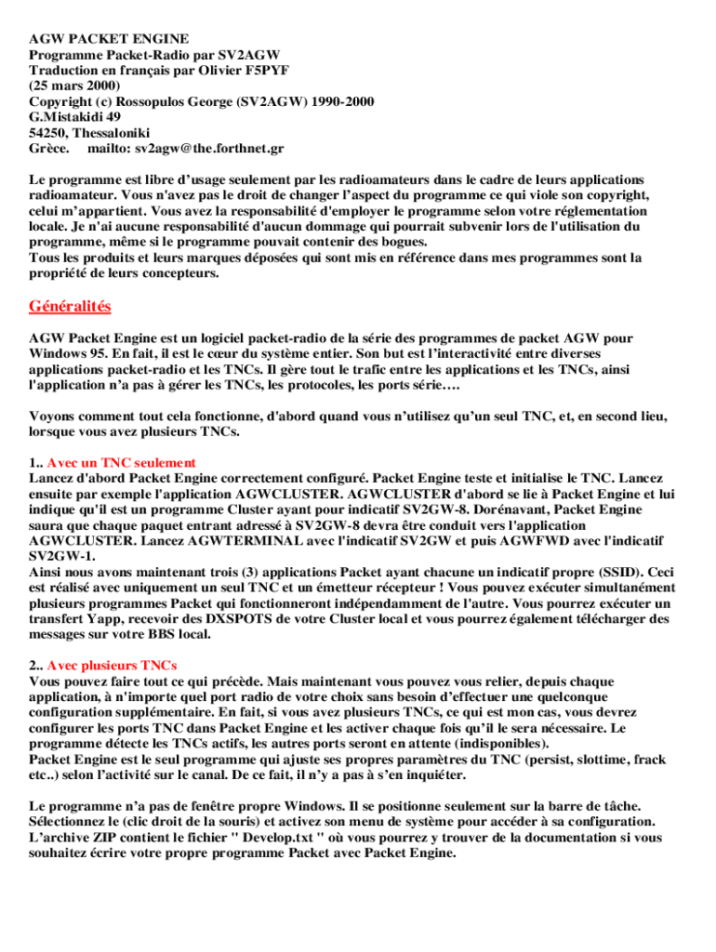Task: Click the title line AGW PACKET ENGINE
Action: pos(109,39)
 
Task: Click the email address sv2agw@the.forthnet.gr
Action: pos(209,149)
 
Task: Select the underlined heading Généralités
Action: pos(70,306)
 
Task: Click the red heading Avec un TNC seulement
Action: pos(122,462)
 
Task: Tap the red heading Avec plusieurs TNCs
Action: pos(113,666)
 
